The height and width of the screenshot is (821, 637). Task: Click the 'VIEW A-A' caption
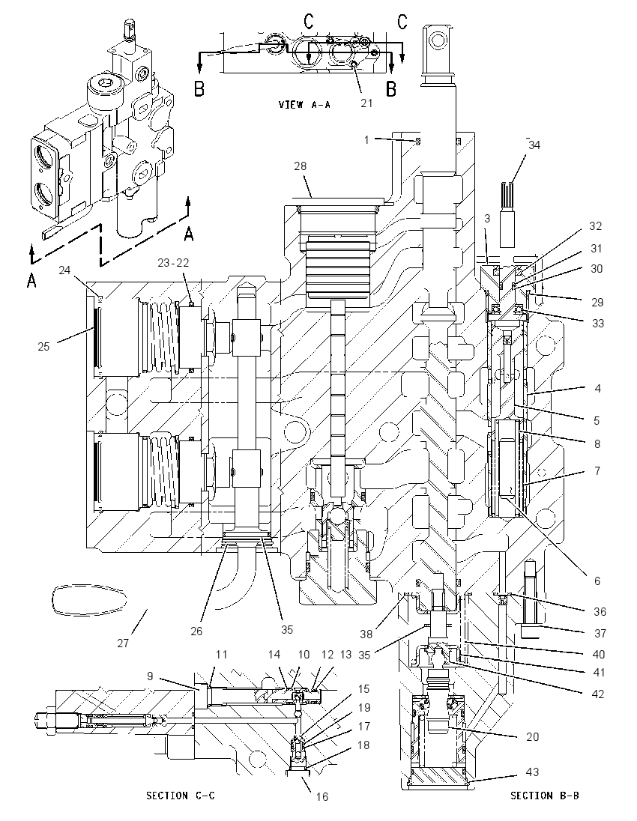coord(304,105)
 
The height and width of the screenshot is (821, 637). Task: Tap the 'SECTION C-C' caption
coord(180,796)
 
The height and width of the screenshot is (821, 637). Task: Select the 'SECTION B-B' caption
coord(545,796)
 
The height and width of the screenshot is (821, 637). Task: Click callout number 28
coord(301,166)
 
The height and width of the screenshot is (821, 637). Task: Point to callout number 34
coord(534,145)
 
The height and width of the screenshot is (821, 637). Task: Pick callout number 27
coord(123,643)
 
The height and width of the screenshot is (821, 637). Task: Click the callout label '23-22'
coord(173,263)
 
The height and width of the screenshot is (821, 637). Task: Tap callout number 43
coord(532,772)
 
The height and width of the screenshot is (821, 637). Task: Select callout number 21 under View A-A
coord(366,103)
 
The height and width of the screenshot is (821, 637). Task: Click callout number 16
coord(321,796)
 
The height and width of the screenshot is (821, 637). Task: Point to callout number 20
coord(532,736)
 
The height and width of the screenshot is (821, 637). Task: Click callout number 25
coord(43,346)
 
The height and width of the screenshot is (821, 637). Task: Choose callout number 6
coord(597,581)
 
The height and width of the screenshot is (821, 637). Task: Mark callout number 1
coord(366,140)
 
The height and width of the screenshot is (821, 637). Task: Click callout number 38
coord(366,634)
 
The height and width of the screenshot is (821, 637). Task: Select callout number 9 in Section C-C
coord(150,676)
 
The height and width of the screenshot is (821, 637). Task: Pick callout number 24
coord(64,270)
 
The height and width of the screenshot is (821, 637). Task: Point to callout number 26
coord(196,631)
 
